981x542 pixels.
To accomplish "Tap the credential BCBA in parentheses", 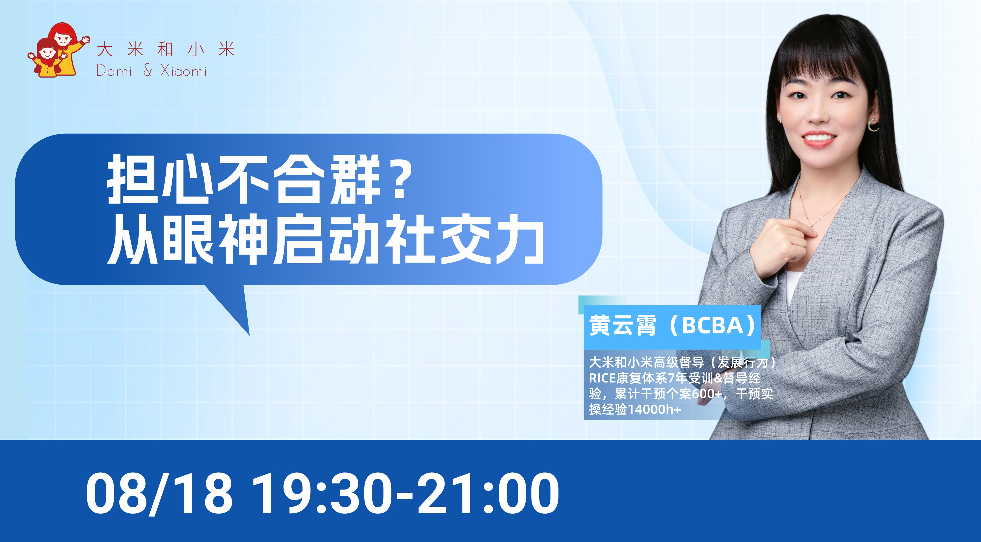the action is pyautogui.click(x=713, y=325).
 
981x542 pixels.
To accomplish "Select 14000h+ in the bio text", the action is pyautogui.click(x=654, y=410).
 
